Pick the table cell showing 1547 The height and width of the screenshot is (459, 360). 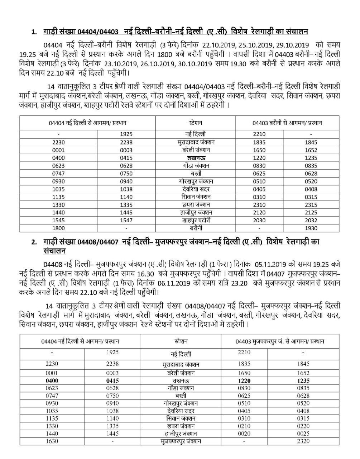[x=126, y=221]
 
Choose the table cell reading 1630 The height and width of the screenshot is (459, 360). [x=52, y=442]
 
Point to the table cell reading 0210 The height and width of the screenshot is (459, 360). [x=244, y=426]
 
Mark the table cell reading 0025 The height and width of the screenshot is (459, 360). [x=303, y=434]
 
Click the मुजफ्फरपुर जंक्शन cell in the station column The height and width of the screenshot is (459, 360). [x=181, y=442]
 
